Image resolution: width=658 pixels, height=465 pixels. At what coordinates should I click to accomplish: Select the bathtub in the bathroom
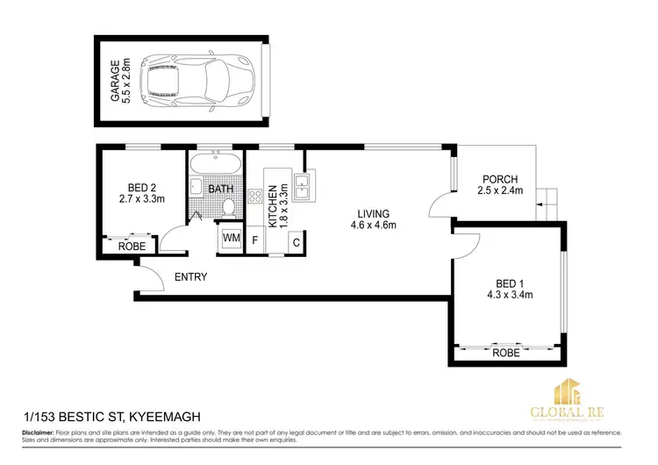click(215, 164)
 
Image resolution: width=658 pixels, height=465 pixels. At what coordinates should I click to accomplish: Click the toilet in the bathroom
click(228, 207)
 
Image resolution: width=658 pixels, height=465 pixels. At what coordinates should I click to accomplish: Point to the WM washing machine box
click(231, 238)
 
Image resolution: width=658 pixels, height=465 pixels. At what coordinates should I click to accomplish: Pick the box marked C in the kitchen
click(297, 241)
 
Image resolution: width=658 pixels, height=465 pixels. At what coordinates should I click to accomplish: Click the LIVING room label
click(373, 213)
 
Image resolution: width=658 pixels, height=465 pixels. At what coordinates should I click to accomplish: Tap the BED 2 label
click(141, 186)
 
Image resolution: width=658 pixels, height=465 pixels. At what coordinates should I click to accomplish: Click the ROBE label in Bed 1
click(506, 354)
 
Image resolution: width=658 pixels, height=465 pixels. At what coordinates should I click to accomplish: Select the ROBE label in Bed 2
click(132, 247)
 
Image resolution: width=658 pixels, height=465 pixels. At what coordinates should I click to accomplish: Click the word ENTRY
click(190, 277)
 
